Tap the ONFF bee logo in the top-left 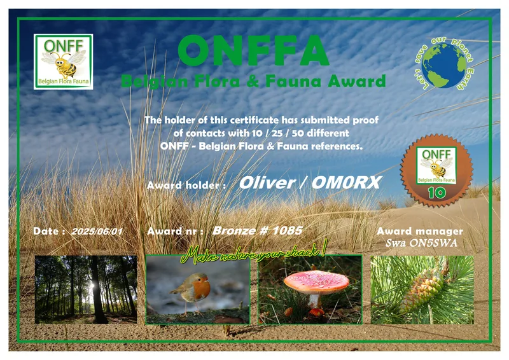click(63, 61)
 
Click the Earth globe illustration click(443, 66)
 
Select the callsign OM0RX click(346, 183)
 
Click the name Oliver click(266, 183)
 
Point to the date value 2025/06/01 click(97, 232)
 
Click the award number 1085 click(285, 231)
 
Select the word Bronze click(235, 231)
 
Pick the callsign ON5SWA click(438, 243)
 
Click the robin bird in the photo click(193, 289)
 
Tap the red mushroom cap click(315, 280)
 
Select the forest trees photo click(85, 289)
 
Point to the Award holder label click(186, 186)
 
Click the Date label click(49, 232)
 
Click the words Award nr click(175, 232)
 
